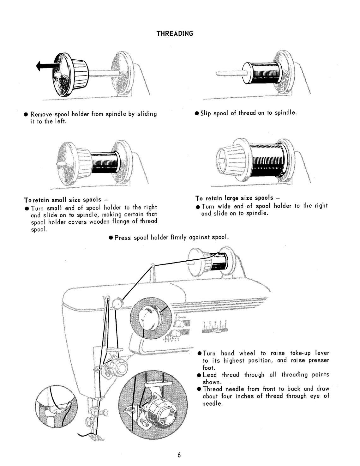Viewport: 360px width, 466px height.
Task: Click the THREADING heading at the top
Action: (x=175, y=33)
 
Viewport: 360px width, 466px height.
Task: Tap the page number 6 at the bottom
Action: (x=179, y=455)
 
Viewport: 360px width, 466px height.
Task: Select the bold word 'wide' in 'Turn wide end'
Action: (x=224, y=206)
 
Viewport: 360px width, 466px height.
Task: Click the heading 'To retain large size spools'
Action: (x=237, y=198)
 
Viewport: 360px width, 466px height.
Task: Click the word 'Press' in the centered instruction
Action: (x=123, y=238)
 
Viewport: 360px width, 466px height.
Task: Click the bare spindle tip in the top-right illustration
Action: (x=221, y=74)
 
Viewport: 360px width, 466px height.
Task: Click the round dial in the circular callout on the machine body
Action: (x=151, y=319)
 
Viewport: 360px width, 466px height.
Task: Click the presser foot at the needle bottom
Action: (x=95, y=438)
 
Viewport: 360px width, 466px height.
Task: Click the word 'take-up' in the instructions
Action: (x=298, y=353)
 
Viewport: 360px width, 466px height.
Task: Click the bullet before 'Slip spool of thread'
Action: (x=197, y=113)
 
